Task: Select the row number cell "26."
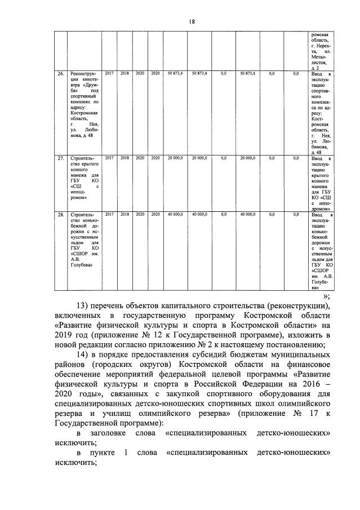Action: pos(61,74)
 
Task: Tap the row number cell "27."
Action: pos(61,158)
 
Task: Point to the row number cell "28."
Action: pos(61,215)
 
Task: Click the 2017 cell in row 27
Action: pos(109,158)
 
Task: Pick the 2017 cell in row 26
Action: pos(109,74)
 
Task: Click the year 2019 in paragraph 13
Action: pos(65,336)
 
